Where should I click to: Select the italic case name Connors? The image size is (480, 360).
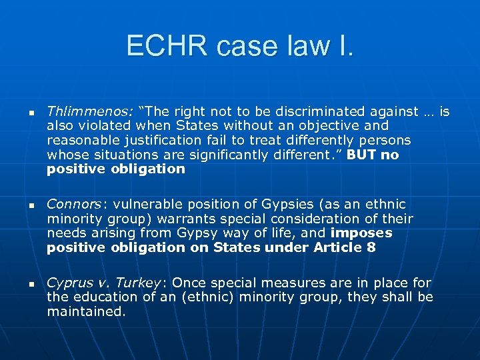[x=69, y=204]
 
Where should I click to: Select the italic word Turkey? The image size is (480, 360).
[x=137, y=283]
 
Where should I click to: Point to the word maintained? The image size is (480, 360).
[x=86, y=311]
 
